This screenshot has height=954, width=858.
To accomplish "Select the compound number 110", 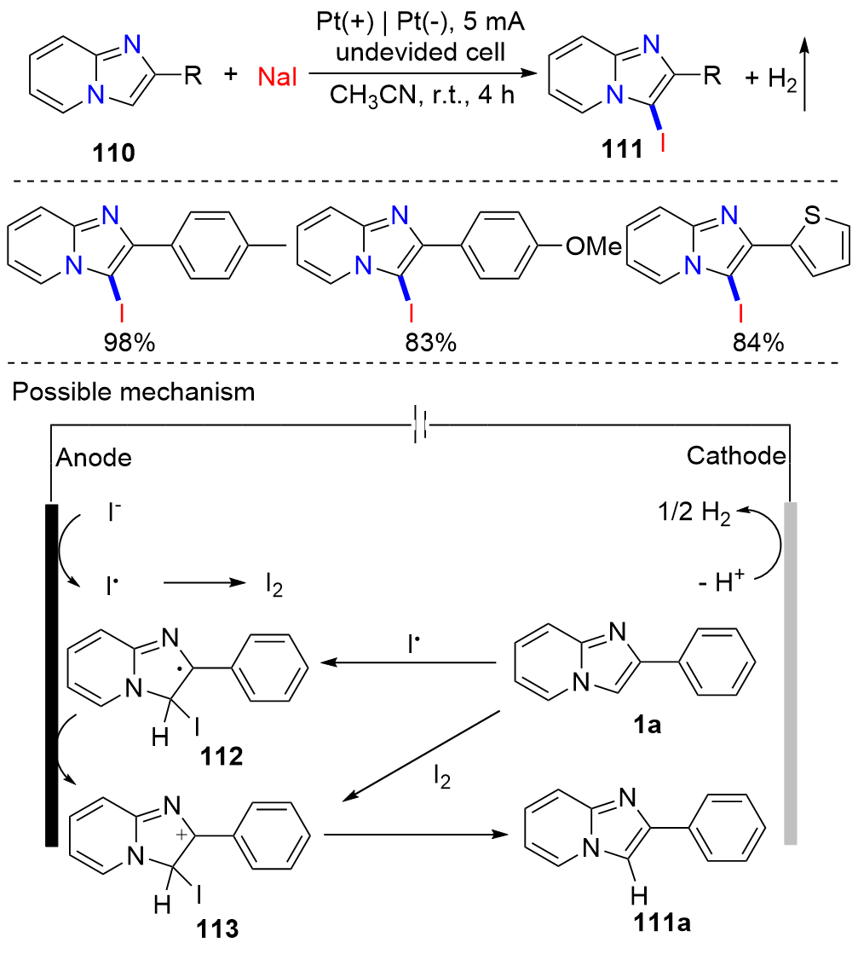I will [x=113, y=154].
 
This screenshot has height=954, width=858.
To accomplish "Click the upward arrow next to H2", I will [x=805, y=78].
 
